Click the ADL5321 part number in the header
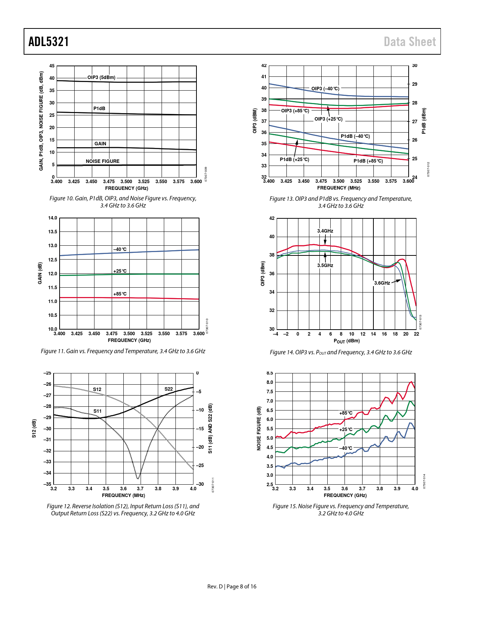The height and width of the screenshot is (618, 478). (x=49, y=42)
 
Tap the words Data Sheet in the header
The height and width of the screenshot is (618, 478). (x=410, y=42)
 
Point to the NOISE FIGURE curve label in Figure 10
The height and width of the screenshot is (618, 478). (x=102, y=161)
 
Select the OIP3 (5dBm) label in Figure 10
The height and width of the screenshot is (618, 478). (x=101, y=78)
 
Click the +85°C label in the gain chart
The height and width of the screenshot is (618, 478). (x=120, y=294)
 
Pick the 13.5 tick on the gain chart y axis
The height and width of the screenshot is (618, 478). (x=53, y=232)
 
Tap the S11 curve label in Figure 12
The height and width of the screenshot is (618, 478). (x=97, y=411)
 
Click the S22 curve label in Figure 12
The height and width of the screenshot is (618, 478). (x=169, y=389)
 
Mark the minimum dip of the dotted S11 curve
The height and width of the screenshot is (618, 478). (x=138, y=478)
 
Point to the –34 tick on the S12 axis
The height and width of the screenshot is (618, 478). (x=47, y=473)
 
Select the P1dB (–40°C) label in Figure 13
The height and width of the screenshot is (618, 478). (x=355, y=136)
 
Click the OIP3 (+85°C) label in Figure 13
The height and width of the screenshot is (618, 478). (x=295, y=111)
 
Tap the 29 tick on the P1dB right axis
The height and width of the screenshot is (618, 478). (x=415, y=84)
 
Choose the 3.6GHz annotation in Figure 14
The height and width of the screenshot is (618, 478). (x=382, y=283)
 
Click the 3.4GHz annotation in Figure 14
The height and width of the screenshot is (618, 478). (x=325, y=231)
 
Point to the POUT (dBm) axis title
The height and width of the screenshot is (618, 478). (x=346, y=341)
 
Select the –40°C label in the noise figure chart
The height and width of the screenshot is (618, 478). (x=346, y=448)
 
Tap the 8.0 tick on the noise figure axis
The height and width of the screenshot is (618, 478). (x=270, y=382)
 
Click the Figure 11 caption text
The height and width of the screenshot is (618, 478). (x=123, y=351)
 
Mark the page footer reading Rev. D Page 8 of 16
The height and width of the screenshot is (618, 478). (x=232, y=587)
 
